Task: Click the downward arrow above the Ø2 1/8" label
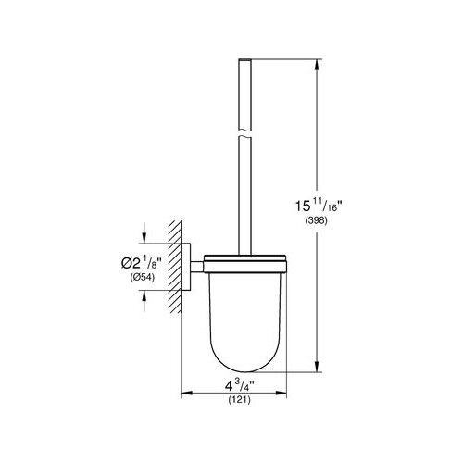144,233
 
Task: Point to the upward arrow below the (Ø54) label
144,294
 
